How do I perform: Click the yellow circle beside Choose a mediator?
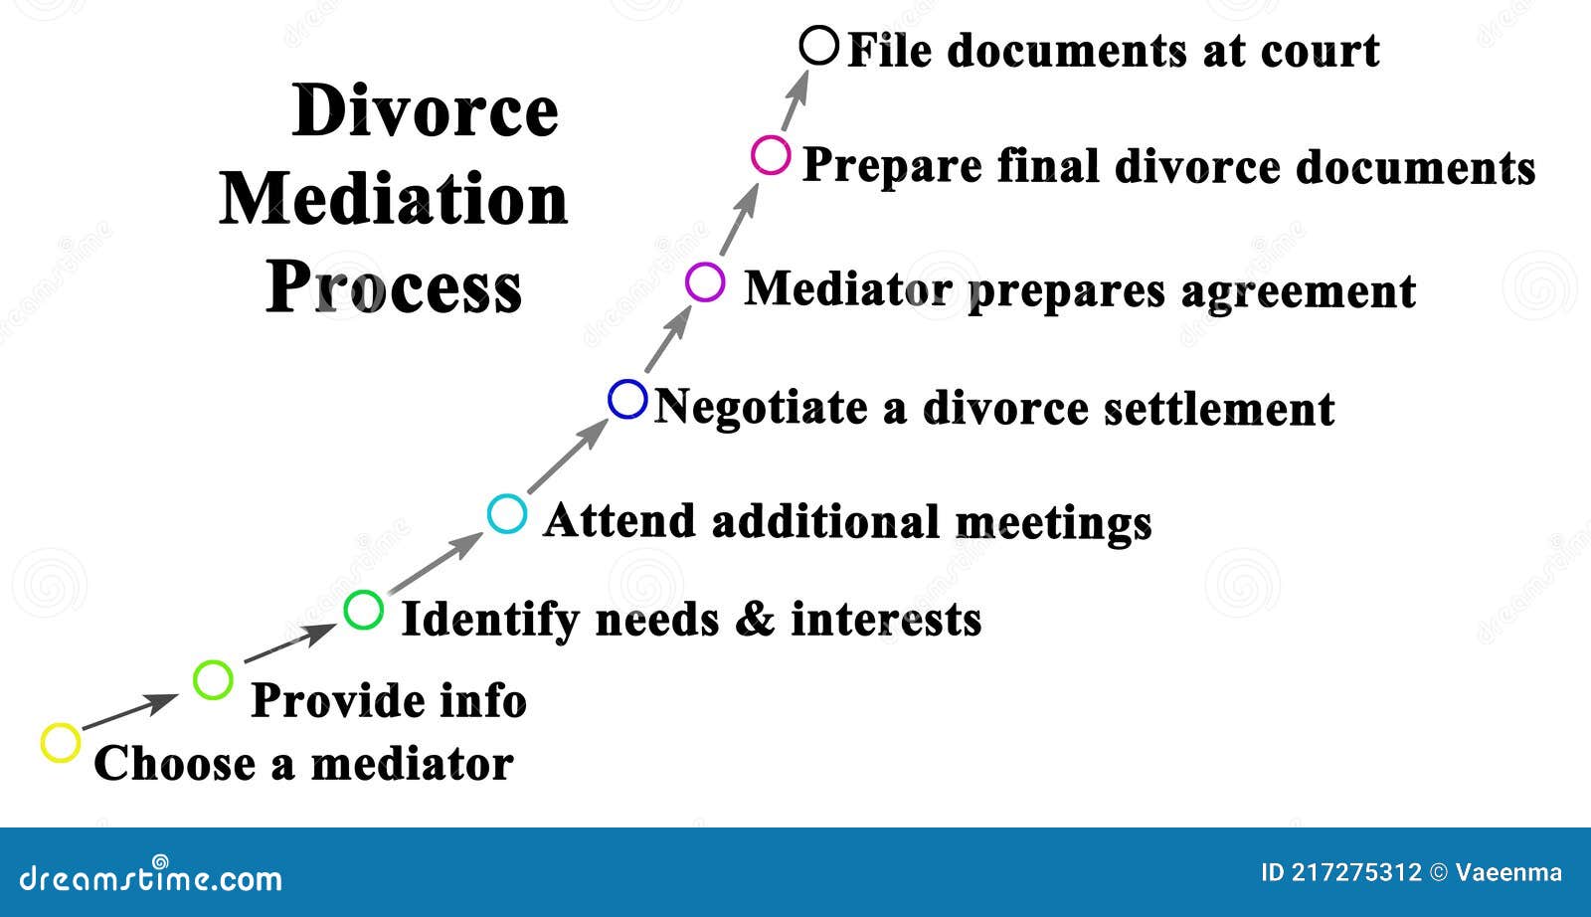61,743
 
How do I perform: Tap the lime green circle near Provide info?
213,680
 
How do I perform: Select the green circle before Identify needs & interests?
363,610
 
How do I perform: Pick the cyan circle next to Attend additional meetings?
507,514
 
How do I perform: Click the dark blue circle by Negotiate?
627,399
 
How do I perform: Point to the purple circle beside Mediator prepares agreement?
705,282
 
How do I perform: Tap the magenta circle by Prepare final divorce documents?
771,156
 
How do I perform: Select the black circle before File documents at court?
819,46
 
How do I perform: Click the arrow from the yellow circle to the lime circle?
129,712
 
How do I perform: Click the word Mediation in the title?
394,199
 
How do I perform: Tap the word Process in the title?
394,287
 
